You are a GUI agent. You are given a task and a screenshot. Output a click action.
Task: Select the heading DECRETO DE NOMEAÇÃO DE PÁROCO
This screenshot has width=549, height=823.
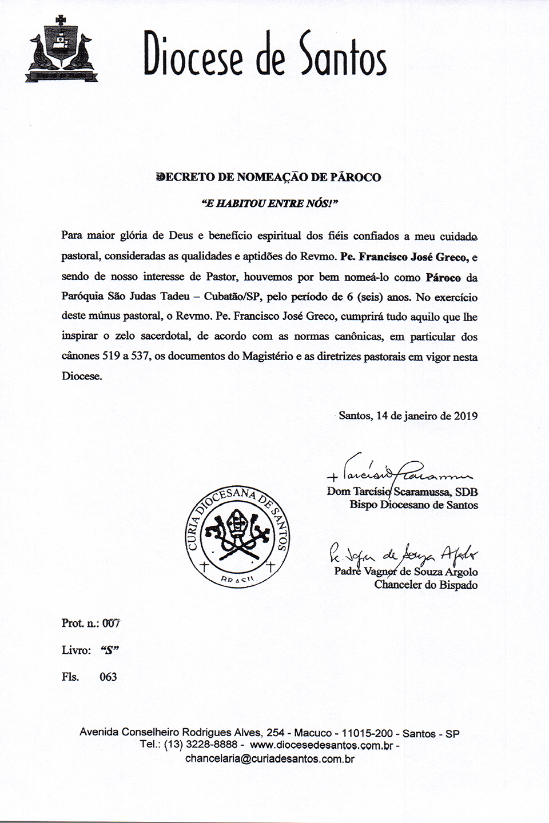[x=269, y=177]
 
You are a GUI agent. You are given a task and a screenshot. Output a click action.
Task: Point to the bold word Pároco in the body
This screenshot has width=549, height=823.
[x=443, y=278]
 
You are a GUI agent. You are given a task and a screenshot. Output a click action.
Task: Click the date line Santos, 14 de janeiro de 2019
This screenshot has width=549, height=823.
[x=408, y=416]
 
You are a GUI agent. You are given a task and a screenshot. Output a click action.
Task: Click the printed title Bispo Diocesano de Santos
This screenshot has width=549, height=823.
[x=413, y=505]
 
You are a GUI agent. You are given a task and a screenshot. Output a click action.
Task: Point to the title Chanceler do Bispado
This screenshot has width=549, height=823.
[x=425, y=585]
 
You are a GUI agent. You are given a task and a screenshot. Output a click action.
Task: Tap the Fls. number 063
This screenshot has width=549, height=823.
[x=108, y=677]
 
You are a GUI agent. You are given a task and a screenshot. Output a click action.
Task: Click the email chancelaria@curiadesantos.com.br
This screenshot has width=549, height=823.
[x=270, y=759]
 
